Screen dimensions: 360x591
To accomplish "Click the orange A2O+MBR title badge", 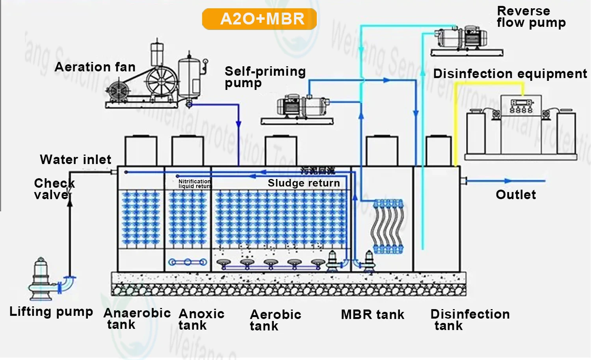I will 259,19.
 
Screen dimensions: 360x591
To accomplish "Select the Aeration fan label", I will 95,67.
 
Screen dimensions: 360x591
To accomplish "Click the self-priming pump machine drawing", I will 301,106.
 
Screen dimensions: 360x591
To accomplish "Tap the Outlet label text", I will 516,195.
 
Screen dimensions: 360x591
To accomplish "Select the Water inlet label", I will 76,160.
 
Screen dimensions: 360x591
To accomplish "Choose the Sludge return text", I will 304,183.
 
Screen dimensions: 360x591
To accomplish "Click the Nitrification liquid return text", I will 194,184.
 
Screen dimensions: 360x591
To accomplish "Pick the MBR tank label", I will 372,315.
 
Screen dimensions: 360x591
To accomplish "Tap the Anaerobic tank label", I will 136,319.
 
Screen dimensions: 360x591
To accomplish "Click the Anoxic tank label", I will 201,319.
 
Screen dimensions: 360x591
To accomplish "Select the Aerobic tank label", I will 275,320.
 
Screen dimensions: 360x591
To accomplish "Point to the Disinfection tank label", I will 470,320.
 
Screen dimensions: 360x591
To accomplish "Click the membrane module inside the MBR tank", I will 388,226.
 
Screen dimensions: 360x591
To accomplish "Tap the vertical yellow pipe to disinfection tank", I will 455,126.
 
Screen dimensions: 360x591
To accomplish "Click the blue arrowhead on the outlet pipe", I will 509,181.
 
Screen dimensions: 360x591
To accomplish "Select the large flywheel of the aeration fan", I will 162,81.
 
